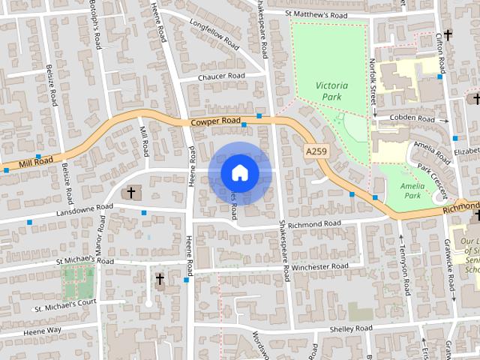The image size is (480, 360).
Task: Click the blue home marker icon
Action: tap(239, 173)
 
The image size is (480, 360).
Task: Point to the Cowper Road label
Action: tap(214, 121)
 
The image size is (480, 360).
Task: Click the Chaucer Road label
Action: tap(221, 76)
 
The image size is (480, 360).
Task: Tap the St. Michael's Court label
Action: tap(65, 304)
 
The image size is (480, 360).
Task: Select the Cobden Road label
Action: tap(416, 118)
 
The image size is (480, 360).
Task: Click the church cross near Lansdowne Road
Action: tap(130, 193)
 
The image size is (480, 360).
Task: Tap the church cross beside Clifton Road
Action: tap(448, 34)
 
